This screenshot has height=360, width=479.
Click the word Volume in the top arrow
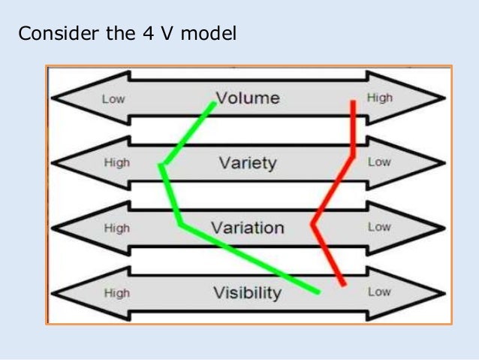tap(248, 98)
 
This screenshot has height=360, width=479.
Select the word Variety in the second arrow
tap(248, 162)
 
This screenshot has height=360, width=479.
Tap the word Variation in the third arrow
tap(247, 228)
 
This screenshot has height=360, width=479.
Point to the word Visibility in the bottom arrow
tap(247, 292)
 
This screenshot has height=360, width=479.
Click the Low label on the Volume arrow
tap(113, 98)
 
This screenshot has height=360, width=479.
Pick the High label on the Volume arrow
tap(379, 98)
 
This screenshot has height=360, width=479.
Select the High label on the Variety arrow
tap(116, 162)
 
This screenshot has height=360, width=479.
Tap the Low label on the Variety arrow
tap(379, 162)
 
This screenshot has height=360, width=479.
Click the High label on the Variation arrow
tap(116, 228)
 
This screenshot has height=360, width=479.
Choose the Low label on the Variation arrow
tap(379, 227)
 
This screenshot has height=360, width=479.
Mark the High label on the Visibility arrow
tap(116, 292)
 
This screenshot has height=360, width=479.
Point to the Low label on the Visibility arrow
tap(379, 292)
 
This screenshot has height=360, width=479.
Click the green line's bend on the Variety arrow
tap(161, 165)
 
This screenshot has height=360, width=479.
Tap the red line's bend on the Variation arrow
tap(313, 223)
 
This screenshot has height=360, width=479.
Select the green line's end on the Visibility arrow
tap(318, 291)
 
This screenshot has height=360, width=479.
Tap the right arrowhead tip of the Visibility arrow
tap(446, 292)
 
